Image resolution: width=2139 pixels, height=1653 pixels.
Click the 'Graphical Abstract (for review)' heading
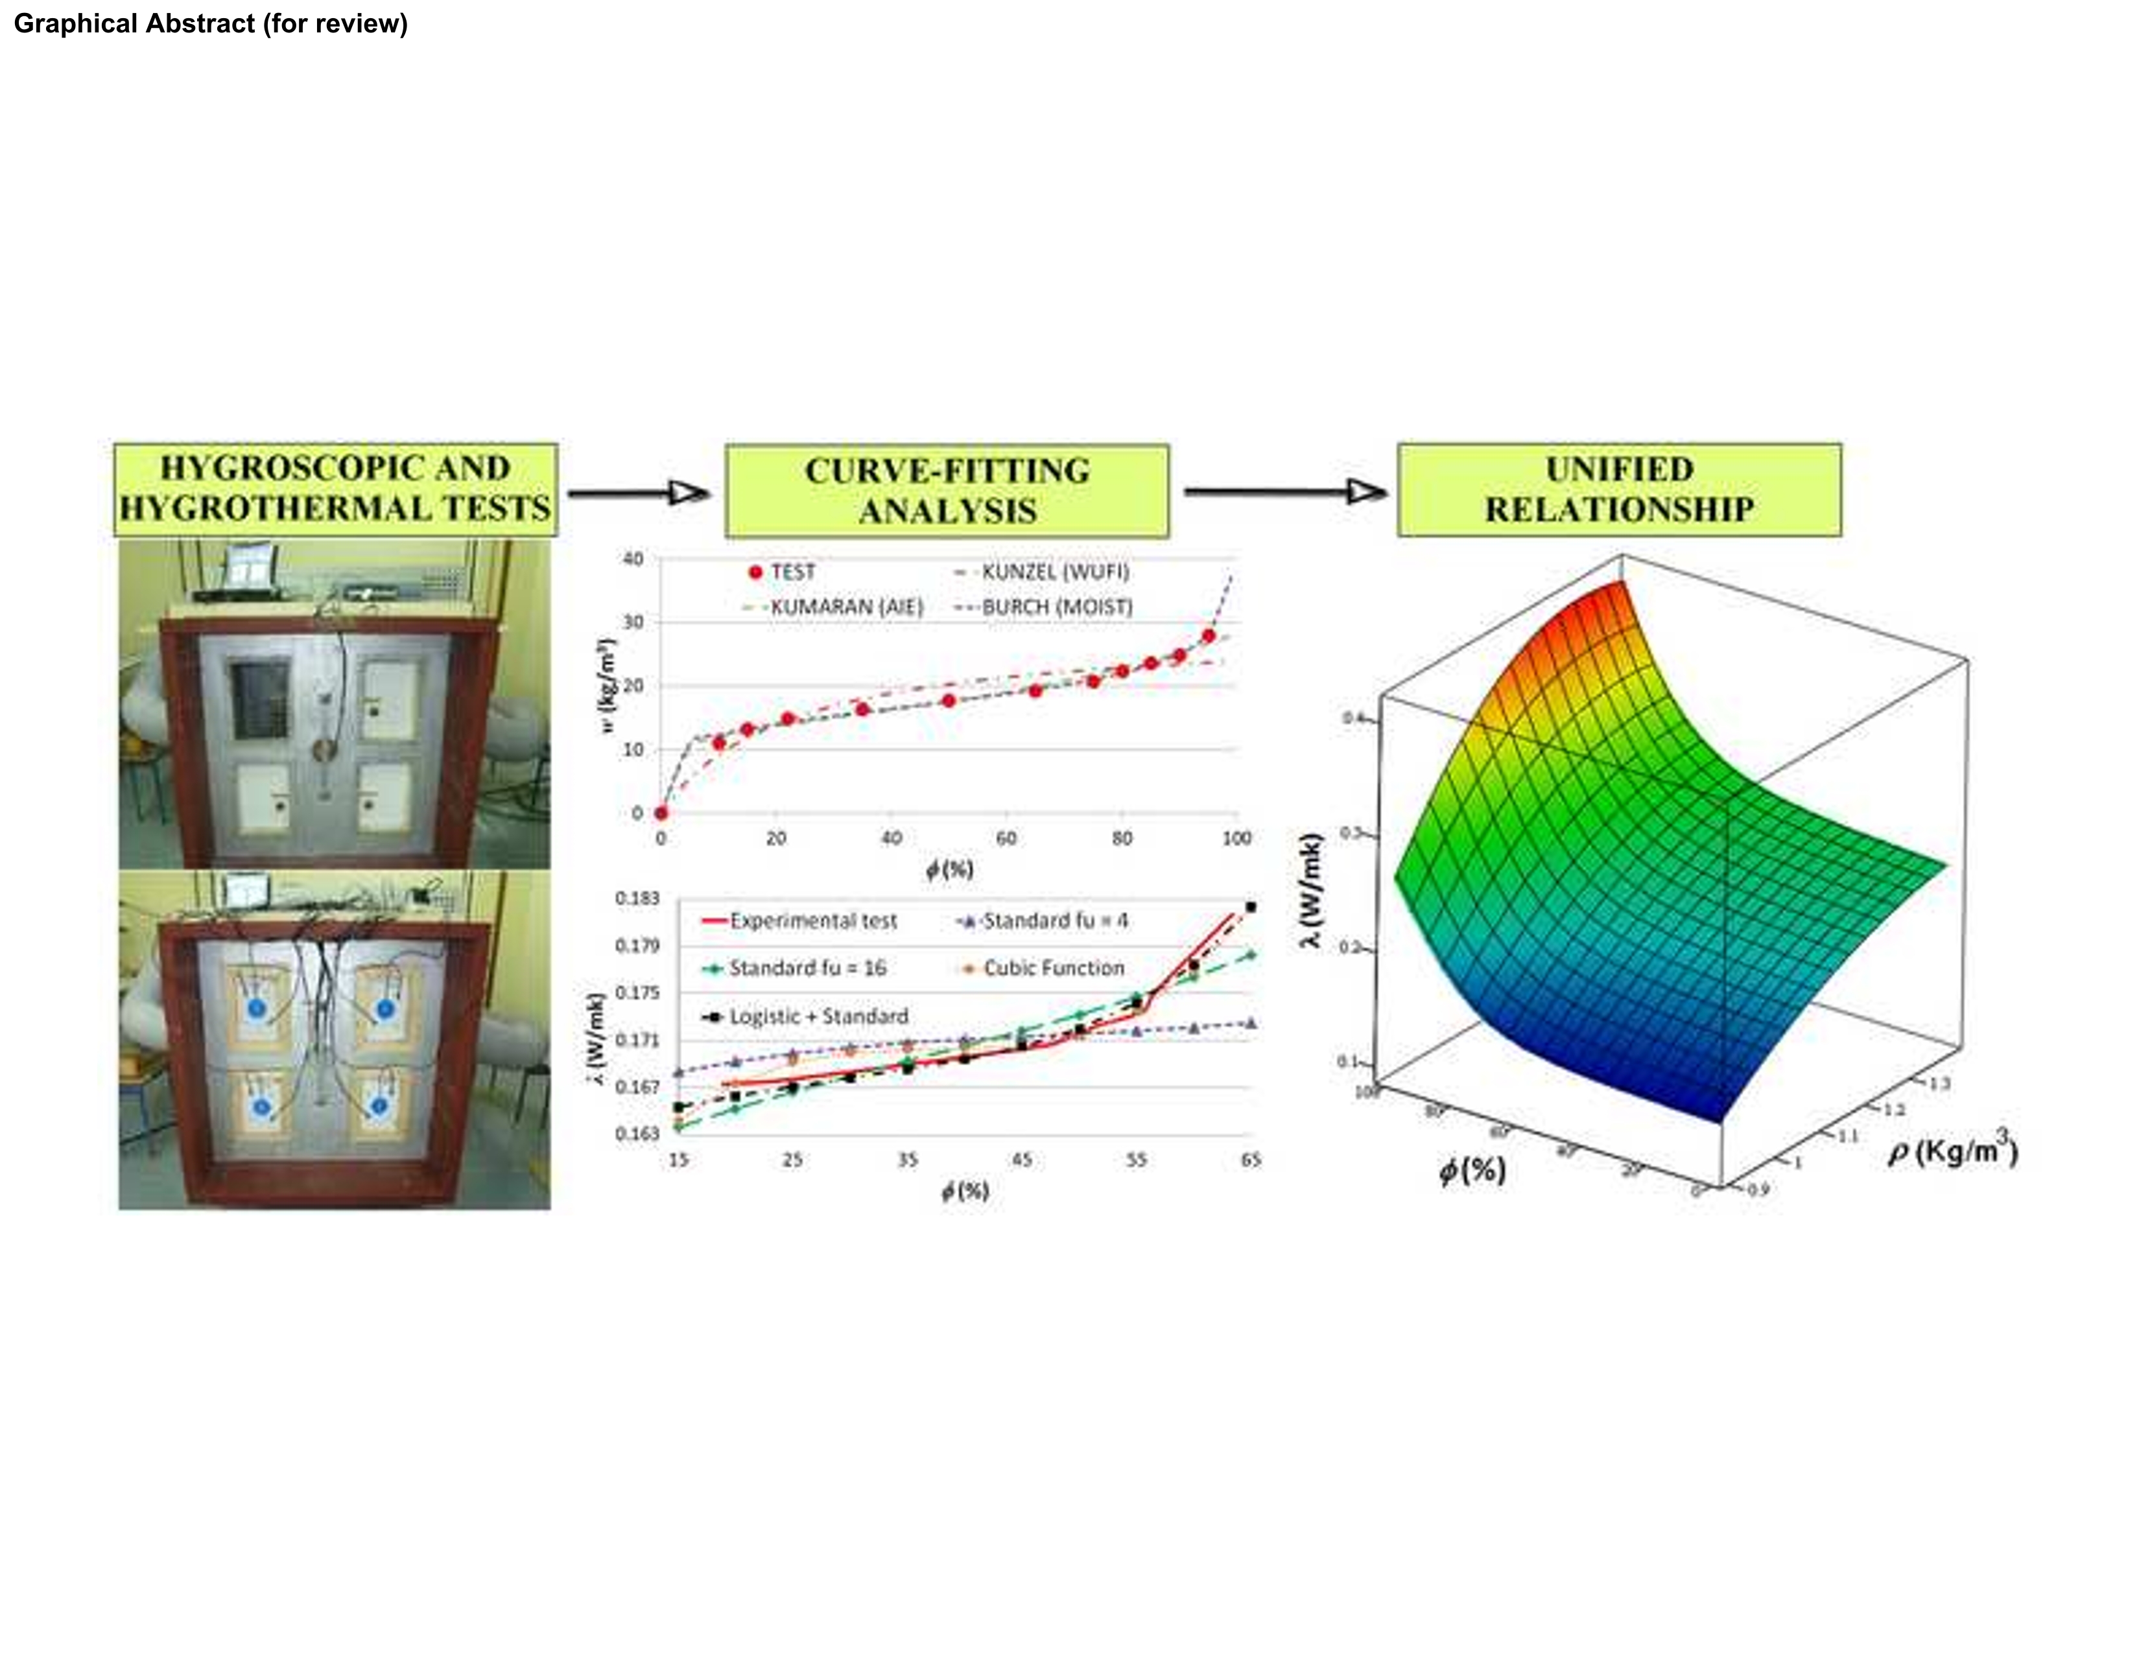(x=211, y=23)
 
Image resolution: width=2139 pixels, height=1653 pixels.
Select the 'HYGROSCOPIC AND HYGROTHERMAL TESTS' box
(x=335, y=489)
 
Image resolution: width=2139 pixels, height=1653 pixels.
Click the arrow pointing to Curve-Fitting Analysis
(x=639, y=493)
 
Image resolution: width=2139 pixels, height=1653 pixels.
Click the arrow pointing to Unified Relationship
(x=1285, y=491)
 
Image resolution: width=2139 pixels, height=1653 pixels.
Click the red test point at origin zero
(x=661, y=813)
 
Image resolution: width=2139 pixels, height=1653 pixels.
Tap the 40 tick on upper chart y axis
(x=633, y=559)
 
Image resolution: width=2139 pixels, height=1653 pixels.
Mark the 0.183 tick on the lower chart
(x=637, y=898)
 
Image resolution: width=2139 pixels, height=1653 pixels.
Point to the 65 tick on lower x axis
(x=1251, y=1160)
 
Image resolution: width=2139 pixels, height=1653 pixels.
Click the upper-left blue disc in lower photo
(x=257, y=1007)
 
